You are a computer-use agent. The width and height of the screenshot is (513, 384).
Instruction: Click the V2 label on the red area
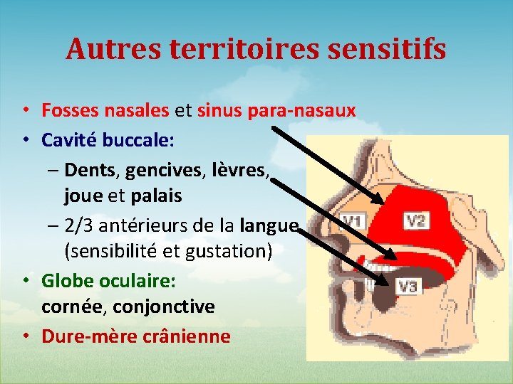pos(415,220)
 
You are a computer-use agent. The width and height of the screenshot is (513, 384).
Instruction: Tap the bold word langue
pos(269,225)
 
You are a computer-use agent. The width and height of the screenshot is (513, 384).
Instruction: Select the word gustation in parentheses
pos(225,251)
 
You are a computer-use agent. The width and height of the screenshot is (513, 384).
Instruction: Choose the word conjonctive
pos(170,306)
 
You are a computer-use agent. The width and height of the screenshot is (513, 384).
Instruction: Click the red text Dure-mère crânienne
pos(136,336)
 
